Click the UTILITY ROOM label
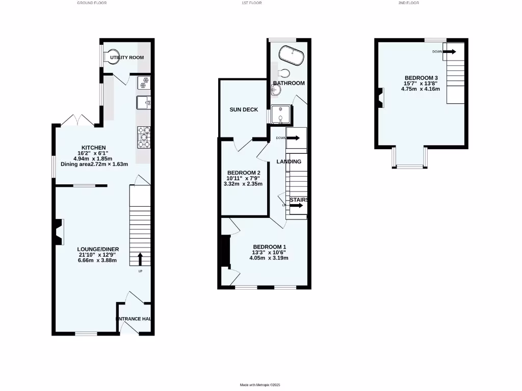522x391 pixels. click(127, 58)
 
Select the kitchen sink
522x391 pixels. click(143, 103)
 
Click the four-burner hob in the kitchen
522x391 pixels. click(143, 137)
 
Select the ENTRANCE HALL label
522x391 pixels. click(134, 319)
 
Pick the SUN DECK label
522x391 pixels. click(244, 109)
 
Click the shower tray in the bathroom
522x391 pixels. click(281, 115)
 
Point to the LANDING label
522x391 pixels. click(289, 161)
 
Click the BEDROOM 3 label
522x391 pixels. click(420, 78)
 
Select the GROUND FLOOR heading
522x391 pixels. click(92, 3)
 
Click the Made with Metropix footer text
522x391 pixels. click(260, 385)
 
